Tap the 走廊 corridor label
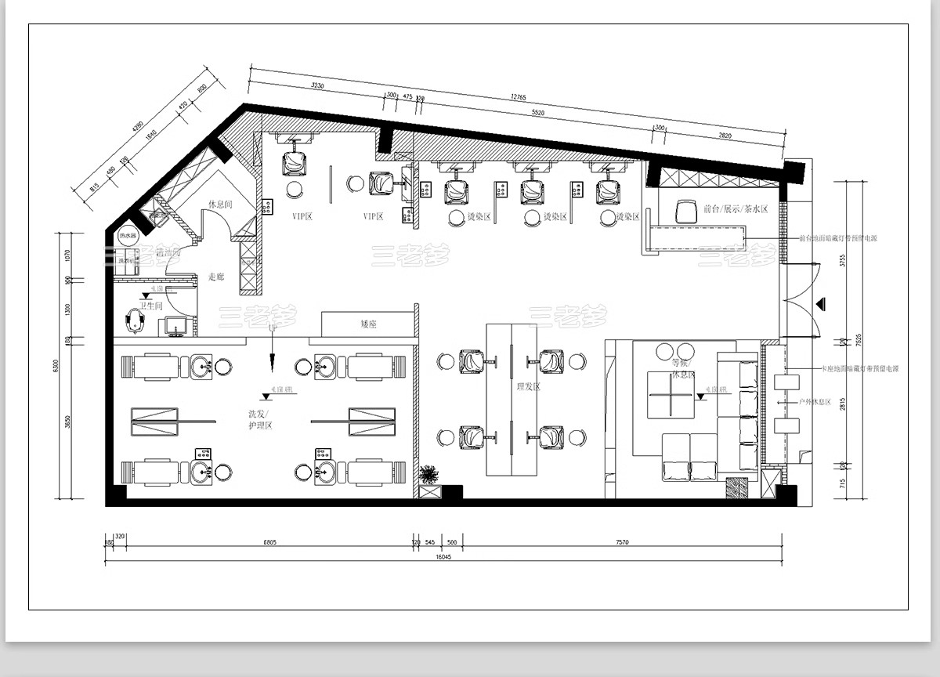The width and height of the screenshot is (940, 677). click(x=216, y=277)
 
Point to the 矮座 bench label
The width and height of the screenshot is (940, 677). click(x=367, y=323)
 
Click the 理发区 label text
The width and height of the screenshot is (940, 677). click(x=529, y=386)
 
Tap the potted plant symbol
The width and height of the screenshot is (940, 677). click(x=429, y=475)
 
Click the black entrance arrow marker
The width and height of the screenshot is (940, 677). click(x=820, y=303)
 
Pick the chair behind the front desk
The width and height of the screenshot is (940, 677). click(x=686, y=210)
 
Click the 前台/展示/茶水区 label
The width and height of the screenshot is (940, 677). click(x=736, y=209)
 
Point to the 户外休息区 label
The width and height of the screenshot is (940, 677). click(x=815, y=401)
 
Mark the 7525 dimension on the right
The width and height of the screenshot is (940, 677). click(x=859, y=340)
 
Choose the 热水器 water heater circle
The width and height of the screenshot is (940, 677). click(x=127, y=236)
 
